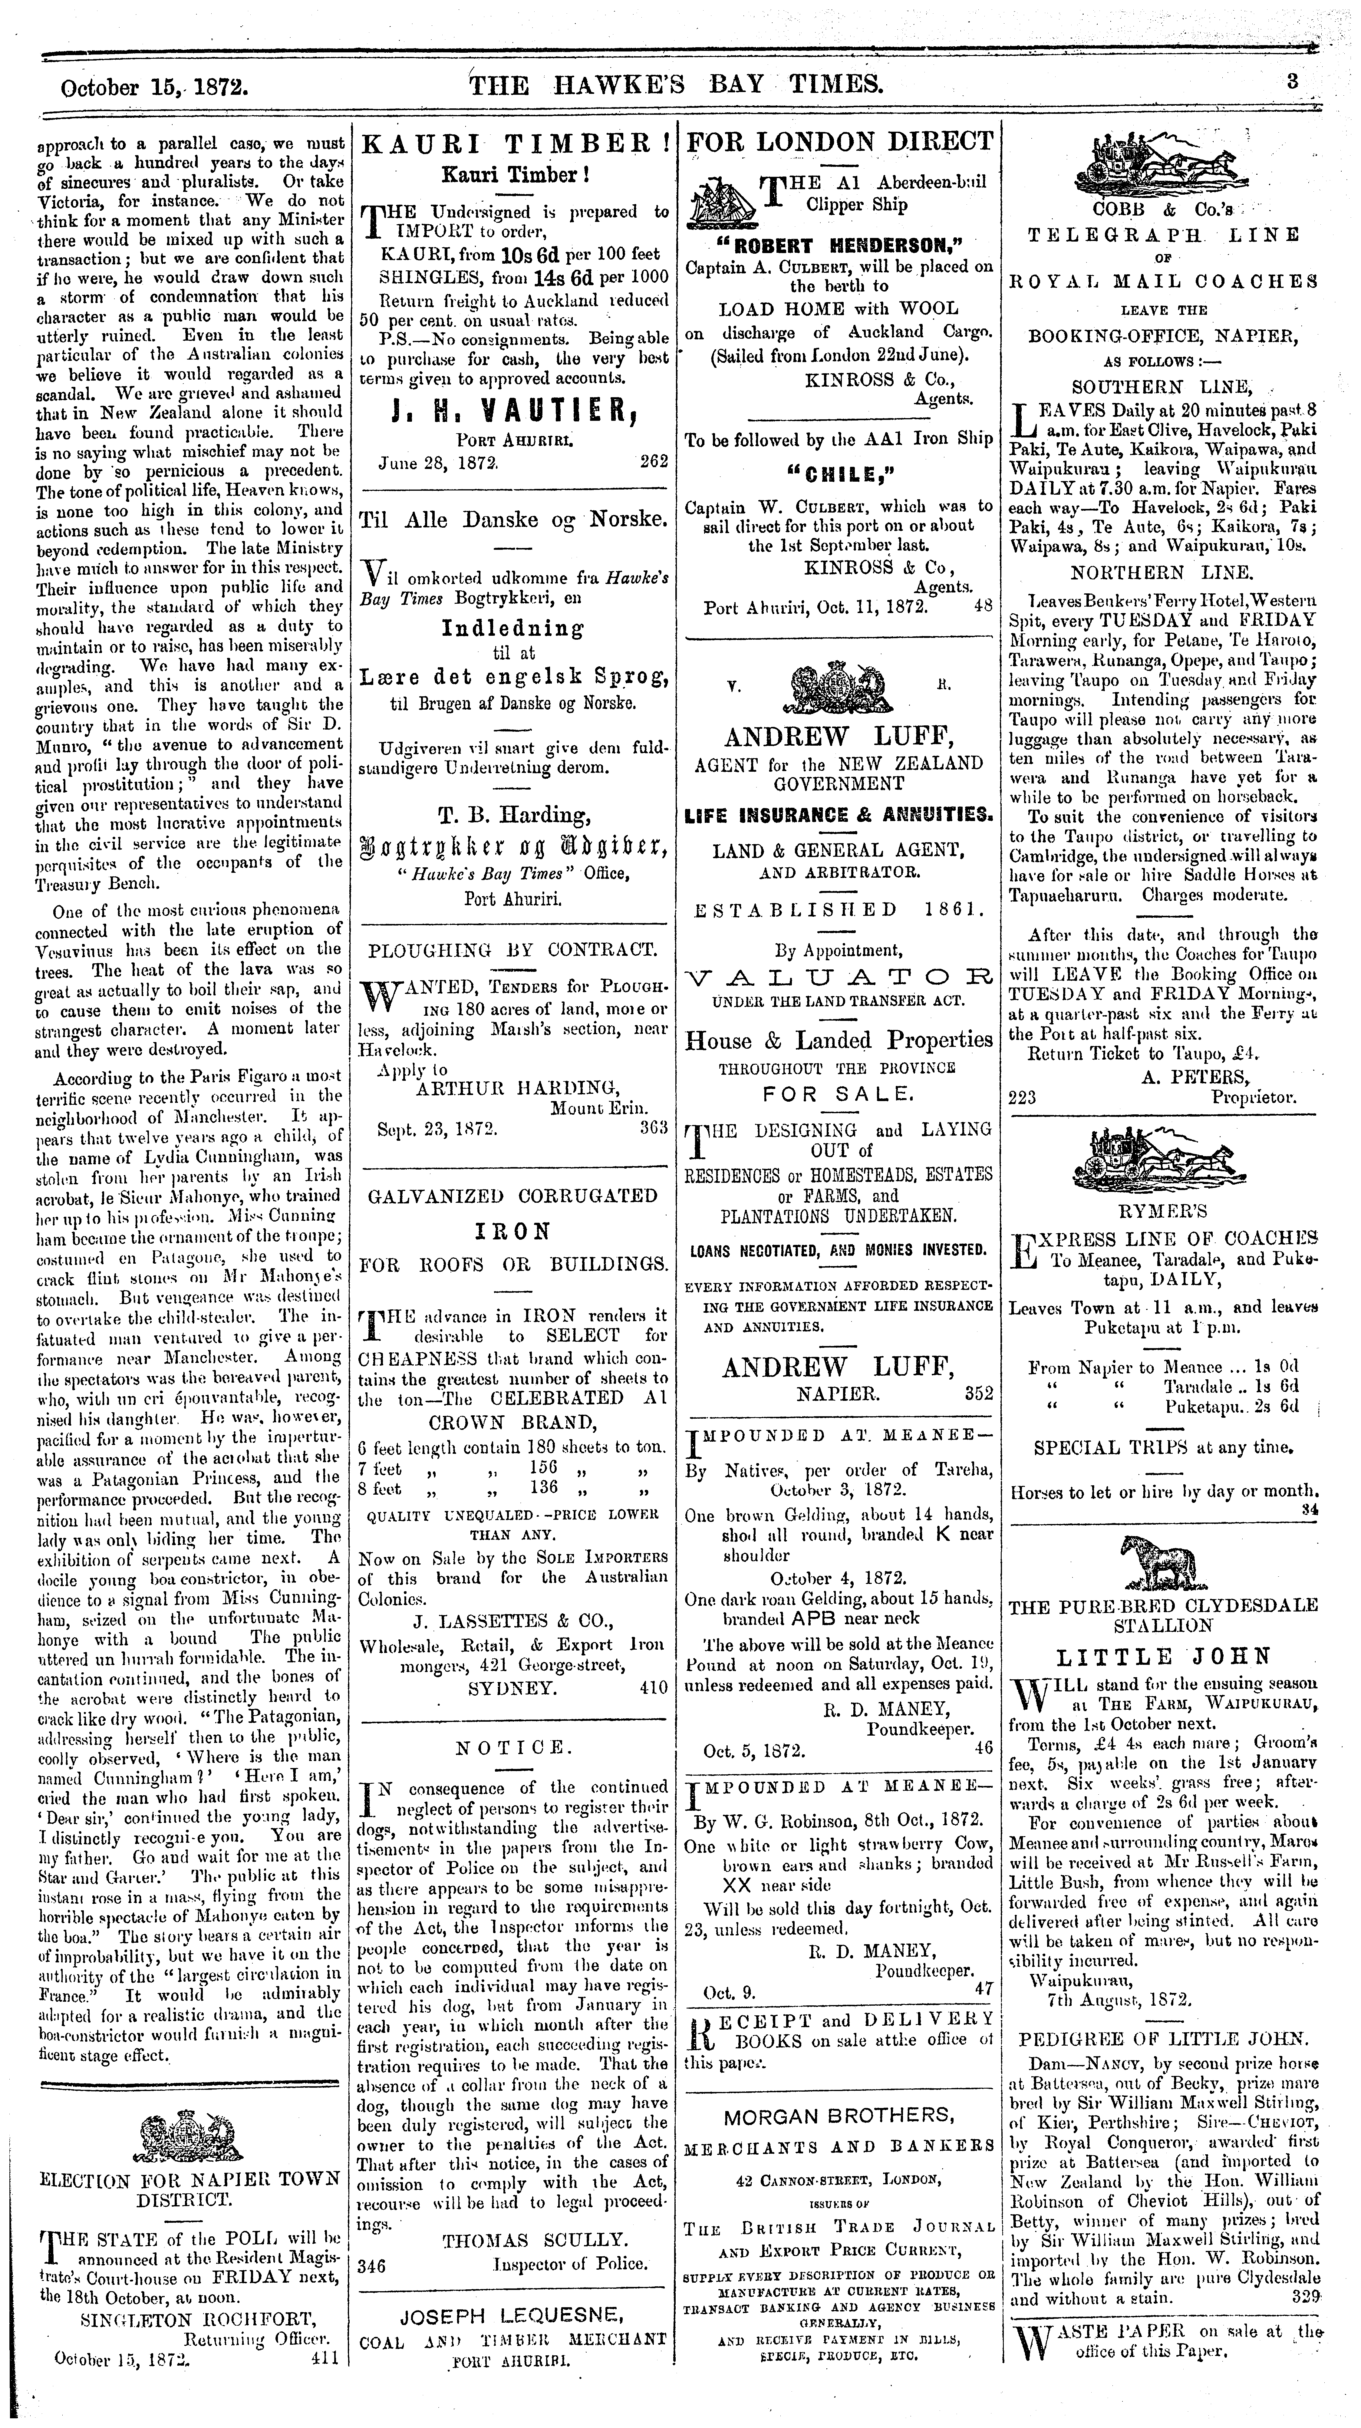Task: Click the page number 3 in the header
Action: click(1293, 82)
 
